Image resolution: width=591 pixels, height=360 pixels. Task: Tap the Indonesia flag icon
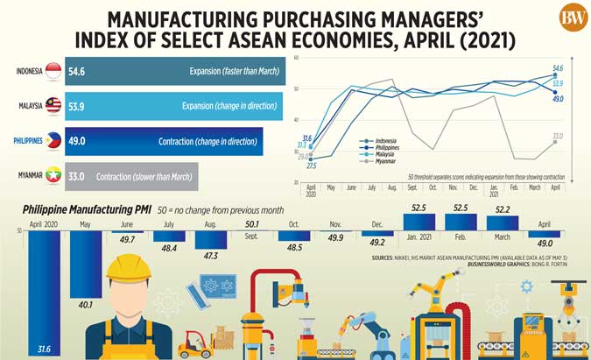tap(53, 72)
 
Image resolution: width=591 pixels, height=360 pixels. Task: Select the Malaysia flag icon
tap(53, 106)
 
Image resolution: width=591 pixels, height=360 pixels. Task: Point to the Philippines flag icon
tap(53, 140)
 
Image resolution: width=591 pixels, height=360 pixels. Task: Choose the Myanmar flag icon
tap(53, 175)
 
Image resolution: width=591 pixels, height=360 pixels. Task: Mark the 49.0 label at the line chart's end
tap(558, 98)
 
